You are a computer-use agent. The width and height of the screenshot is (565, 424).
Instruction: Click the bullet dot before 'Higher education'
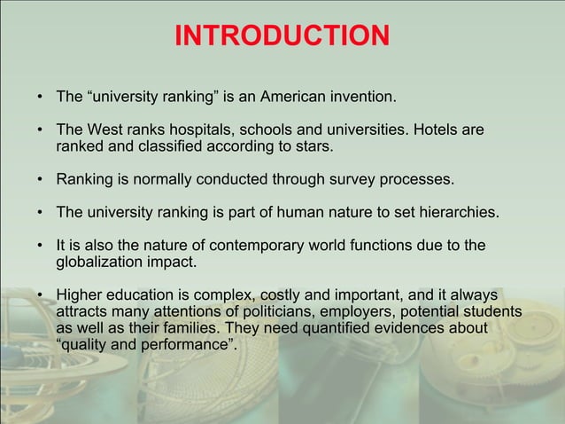41,294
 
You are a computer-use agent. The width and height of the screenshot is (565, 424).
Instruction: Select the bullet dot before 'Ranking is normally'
41,181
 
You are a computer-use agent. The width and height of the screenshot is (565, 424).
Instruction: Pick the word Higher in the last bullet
80,294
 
